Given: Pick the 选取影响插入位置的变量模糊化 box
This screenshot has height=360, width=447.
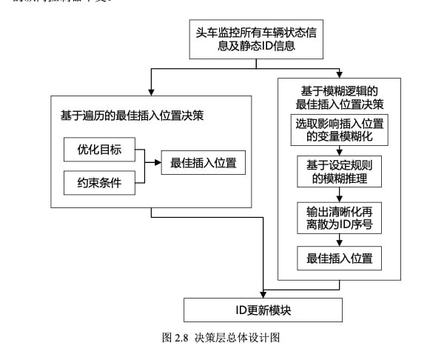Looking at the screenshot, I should point(338,130).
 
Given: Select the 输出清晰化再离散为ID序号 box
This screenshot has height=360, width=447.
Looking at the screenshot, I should point(338,218).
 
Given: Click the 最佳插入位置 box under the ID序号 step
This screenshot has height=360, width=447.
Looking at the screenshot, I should point(338,259).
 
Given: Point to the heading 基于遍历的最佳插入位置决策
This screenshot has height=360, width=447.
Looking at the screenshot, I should point(132,115).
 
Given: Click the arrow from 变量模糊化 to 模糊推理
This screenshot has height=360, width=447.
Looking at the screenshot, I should point(339,150).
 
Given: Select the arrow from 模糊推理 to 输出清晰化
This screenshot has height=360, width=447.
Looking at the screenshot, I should point(339,196).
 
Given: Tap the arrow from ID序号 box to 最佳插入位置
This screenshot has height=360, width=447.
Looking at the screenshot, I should point(339,241).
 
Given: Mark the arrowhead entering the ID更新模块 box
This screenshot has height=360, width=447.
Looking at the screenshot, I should point(263,294).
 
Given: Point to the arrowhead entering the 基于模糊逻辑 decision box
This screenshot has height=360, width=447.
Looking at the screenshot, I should point(339,74).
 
